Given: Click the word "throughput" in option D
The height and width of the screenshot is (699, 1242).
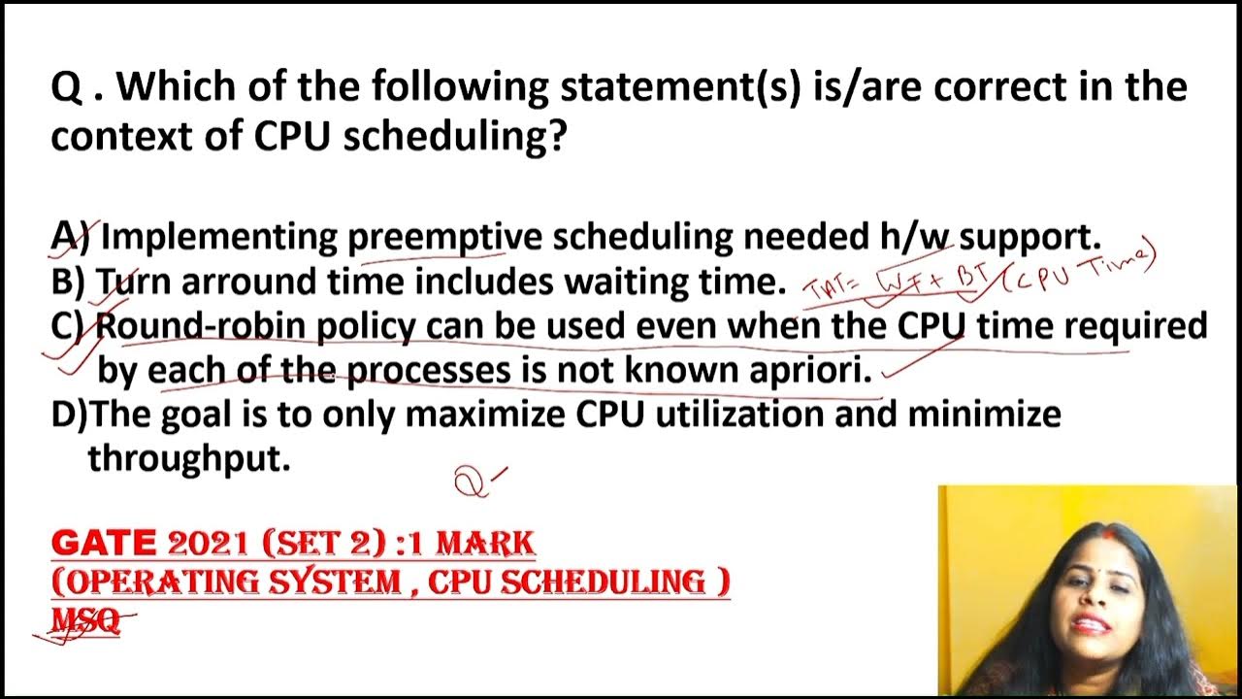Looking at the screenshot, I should tap(189, 458).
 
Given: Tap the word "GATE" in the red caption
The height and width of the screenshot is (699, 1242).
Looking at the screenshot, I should tap(103, 543).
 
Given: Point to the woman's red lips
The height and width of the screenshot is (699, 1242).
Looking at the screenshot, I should tap(1092, 624).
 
